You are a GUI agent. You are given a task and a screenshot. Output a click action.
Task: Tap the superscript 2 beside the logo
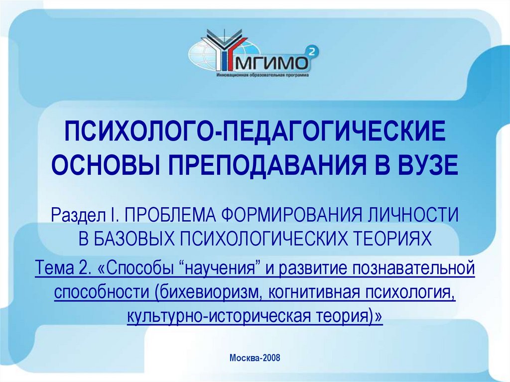coord(311,50)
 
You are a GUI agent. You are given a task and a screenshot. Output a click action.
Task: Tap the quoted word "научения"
coord(222,269)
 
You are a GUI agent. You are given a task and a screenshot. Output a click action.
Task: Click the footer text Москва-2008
coord(255,358)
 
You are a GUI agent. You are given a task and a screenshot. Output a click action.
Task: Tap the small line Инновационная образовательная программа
coord(262,76)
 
